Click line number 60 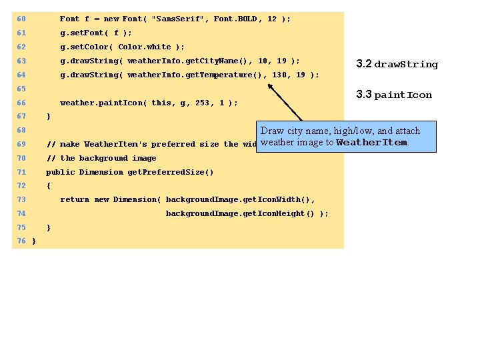(x=21, y=19)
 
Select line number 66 (x=21, y=103)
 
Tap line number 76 (x=21, y=241)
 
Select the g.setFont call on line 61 (x=96, y=33)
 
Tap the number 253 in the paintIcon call (x=200, y=103)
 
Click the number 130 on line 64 (x=279, y=75)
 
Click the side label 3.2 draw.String (x=397, y=65)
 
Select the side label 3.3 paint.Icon (x=394, y=95)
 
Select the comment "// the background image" (x=101, y=158)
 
